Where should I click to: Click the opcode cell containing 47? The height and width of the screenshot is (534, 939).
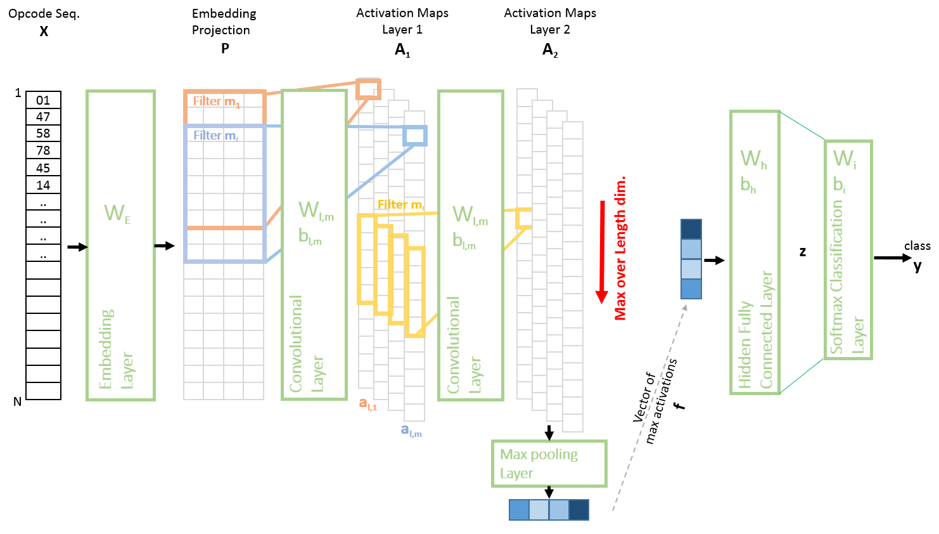43,117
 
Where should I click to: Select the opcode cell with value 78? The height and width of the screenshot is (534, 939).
43,150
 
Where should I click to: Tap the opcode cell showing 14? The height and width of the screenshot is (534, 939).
43,185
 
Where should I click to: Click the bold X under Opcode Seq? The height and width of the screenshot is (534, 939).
44,31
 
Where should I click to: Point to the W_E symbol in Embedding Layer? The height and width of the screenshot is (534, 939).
117,213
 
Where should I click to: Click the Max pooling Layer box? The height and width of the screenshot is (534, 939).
549,464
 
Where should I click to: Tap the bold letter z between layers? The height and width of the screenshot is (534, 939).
803,252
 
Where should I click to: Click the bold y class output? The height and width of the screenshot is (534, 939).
917,266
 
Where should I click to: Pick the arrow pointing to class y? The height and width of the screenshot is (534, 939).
892,258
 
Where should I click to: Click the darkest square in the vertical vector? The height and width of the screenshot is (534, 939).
691,229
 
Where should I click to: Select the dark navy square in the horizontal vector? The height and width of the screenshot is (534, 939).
578,510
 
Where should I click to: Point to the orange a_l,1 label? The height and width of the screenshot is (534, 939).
368,403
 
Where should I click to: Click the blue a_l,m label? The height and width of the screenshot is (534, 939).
411,431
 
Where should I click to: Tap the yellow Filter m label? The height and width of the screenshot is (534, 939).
400,205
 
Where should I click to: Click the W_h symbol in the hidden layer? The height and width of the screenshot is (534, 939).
753,159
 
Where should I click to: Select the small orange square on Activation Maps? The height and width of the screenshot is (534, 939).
368,89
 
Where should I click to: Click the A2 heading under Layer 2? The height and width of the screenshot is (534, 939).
550,50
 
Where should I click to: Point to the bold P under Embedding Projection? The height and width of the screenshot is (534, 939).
225,48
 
